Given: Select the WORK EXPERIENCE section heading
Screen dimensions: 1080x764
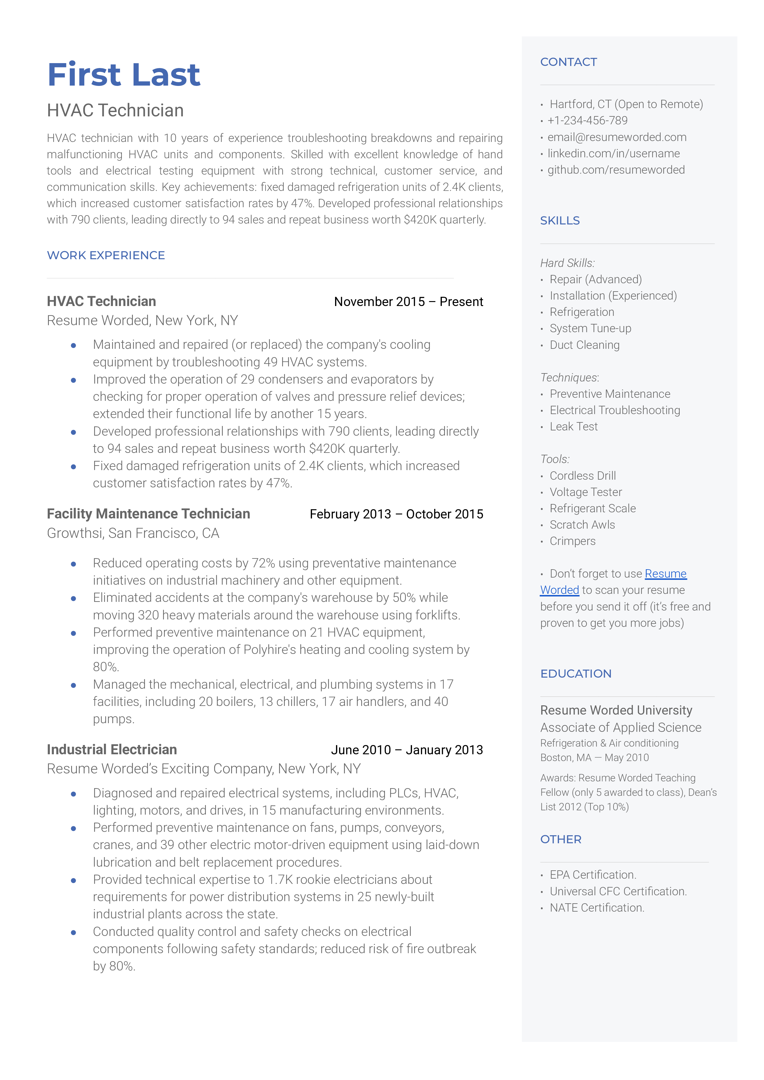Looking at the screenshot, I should pyautogui.click(x=106, y=256).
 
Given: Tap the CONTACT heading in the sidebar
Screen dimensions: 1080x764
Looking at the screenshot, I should pyautogui.click(x=568, y=62).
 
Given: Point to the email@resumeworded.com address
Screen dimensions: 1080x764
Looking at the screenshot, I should pyautogui.click(x=616, y=137).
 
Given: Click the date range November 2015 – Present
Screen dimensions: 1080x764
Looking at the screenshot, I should pyautogui.click(x=408, y=302).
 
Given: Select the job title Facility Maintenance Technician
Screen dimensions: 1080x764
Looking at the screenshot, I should pyautogui.click(x=148, y=514).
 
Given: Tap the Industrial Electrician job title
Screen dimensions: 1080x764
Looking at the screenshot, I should pyautogui.click(x=112, y=750).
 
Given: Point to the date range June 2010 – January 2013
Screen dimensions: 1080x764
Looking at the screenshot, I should pyautogui.click(x=407, y=750).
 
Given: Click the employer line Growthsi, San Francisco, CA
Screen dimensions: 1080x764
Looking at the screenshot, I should pyautogui.click(x=133, y=533).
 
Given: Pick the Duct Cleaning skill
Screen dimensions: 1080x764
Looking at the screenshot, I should pyautogui.click(x=584, y=345).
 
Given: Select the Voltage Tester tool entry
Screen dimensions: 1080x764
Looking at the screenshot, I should pyautogui.click(x=586, y=492).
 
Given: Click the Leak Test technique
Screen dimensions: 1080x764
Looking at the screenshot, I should pyautogui.click(x=574, y=427).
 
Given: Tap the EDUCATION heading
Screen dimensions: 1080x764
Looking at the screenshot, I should pyautogui.click(x=576, y=674).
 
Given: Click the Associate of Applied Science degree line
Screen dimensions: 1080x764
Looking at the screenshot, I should pyautogui.click(x=621, y=727).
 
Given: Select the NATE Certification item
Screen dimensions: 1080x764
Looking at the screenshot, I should pyautogui.click(x=597, y=908).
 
